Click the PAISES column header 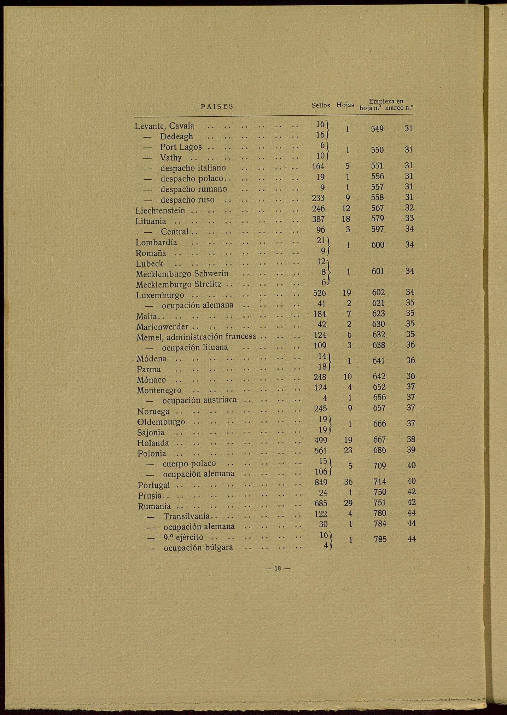pyautogui.click(x=217, y=106)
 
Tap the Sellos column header pyautogui.click(x=321, y=105)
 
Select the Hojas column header pyautogui.click(x=345, y=105)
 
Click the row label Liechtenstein pyautogui.click(x=160, y=211)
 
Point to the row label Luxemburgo pyautogui.click(x=160, y=295)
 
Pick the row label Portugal pyautogui.click(x=154, y=485)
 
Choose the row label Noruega pyautogui.click(x=153, y=412)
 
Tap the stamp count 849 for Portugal pyautogui.click(x=320, y=482)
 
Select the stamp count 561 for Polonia pyautogui.click(x=320, y=450)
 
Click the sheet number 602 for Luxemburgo pyautogui.click(x=378, y=293)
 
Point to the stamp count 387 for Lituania pyautogui.click(x=319, y=219)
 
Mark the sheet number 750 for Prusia pyautogui.click(x=380, y=492)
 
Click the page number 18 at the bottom pyautogui.click(x=278, y=569)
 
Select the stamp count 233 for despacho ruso pyautogui.click(x=319, y=198)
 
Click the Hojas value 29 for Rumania pyautogui.click(x=349, y=503)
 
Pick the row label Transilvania pyautogui.click(x=187, y=517)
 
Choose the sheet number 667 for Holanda pyautogui.click(x=379, y=440)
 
